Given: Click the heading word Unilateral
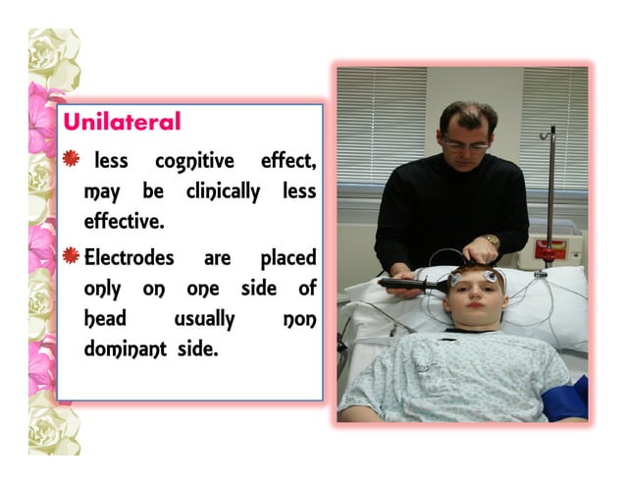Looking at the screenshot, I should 122,122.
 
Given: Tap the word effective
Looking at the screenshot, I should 124,221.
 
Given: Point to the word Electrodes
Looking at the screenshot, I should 130,258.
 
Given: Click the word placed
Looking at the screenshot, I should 287,259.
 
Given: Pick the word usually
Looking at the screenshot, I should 205,320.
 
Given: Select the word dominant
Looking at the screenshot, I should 127,350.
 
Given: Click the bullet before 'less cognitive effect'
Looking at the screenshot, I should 71,158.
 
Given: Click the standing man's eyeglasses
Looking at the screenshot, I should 466,144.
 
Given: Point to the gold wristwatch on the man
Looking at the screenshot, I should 491,242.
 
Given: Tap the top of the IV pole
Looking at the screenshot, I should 552,131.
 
